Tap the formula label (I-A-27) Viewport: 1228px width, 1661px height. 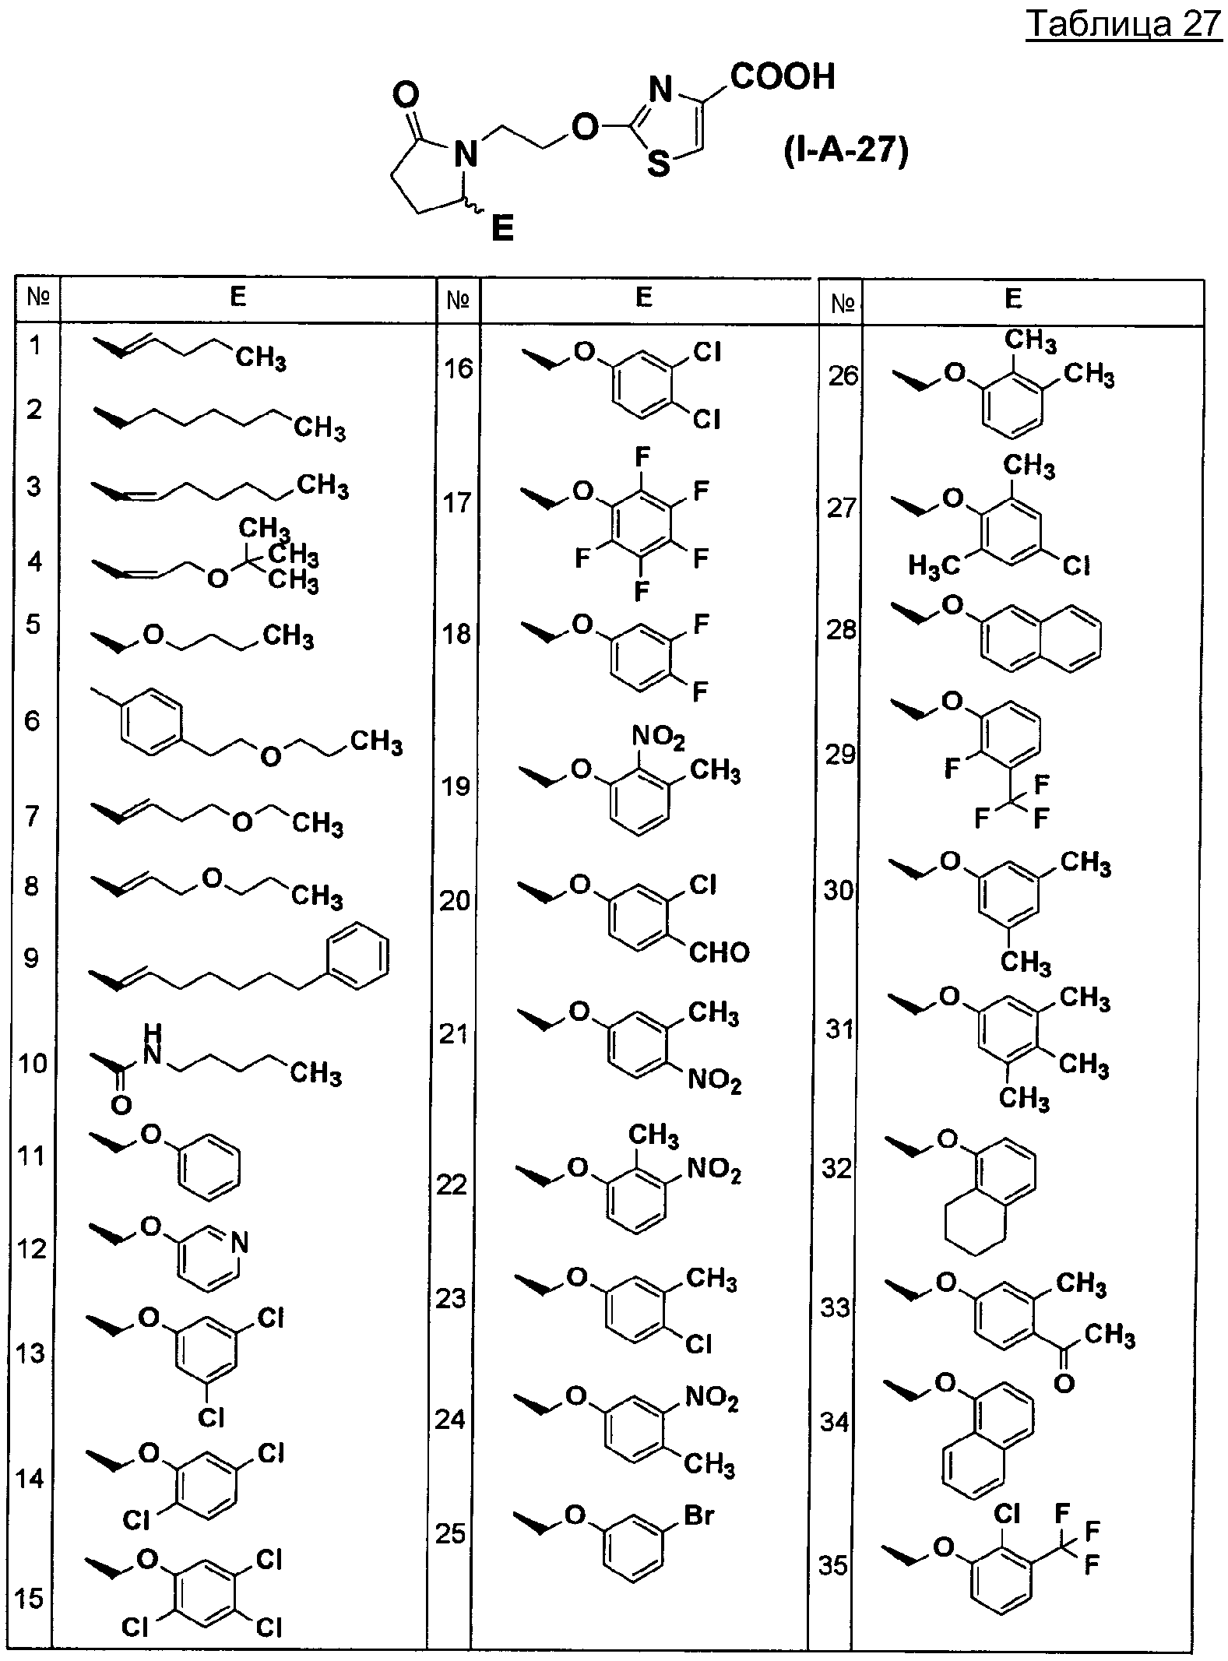(846, 150)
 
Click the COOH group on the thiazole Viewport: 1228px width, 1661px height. (782, 76)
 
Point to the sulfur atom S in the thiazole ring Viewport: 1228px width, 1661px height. (659, 165)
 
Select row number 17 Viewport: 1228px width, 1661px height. (458, 502)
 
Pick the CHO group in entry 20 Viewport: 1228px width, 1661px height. (720, 952)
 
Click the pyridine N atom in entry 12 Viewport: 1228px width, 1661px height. (240, 1244)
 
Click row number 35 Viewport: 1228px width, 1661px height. (832, 1565)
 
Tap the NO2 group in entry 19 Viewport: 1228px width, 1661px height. (659, 737)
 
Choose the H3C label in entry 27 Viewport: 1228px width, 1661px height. (934, 566)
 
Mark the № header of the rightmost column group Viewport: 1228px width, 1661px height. (843, 303)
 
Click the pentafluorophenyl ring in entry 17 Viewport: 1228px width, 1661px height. (642, 525)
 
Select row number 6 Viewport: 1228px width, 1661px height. (32, 720)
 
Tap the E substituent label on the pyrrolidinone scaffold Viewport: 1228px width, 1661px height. (503, 228)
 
